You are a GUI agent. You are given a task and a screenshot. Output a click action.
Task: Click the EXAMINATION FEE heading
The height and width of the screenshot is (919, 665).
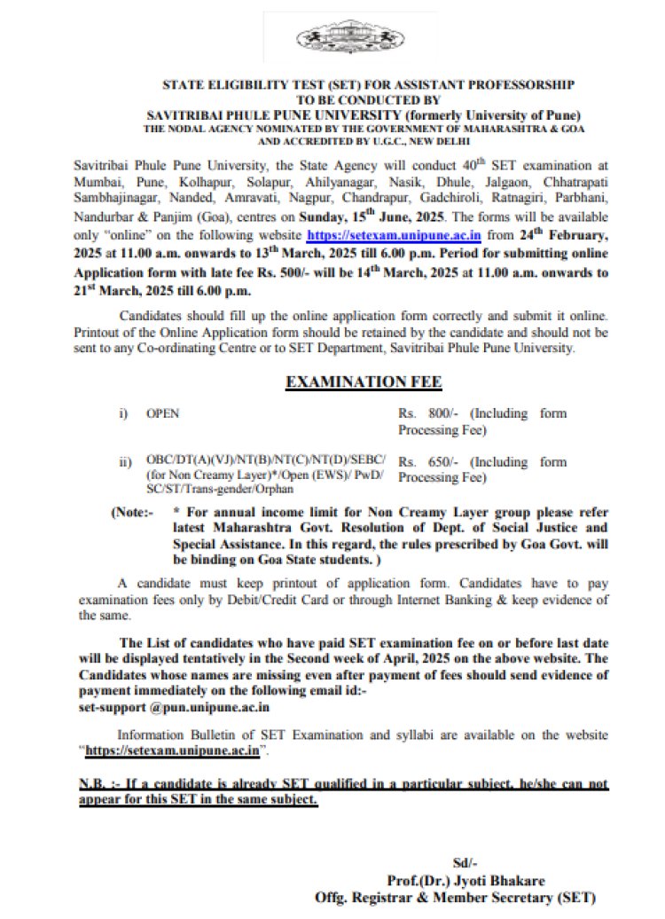363,382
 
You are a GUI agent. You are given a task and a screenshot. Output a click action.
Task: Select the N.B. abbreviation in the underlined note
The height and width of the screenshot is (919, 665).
95,785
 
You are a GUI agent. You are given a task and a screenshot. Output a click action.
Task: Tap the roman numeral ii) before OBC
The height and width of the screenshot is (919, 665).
127,462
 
